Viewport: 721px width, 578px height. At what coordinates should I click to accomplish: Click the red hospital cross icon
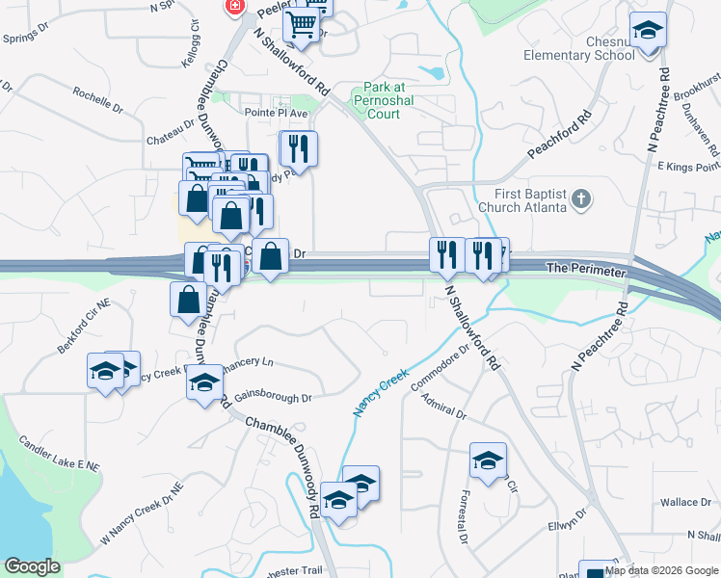pyautogui.click(x=233, y=6)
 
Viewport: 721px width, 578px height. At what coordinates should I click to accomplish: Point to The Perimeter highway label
pyautogui.click(x=586, y=272)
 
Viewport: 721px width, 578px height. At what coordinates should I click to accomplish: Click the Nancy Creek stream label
pyautogui.click(x=381, y=391)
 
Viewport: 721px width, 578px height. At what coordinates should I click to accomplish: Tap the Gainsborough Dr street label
pyautogui.click(x=272, y=397)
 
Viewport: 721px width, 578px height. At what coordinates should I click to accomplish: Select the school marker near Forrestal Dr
pyautogui.click(x=489, y=460)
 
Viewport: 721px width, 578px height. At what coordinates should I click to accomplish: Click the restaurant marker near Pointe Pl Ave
pyautogui.click(x=299, y=147)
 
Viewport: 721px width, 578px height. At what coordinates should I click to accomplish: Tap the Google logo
pyautogui.click(x=32, y=566)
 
